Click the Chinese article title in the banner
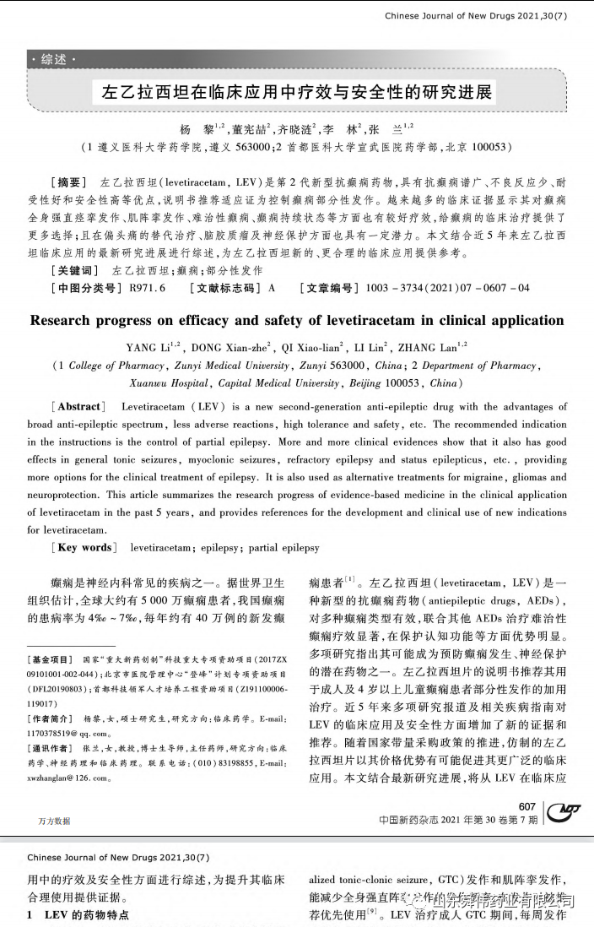click(x=296, y=91)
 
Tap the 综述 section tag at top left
click(x=53, y=59)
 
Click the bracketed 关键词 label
click(x=75, y=270)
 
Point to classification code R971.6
click(x=147, y=288)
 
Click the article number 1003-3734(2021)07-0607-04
click(x=447, y=288)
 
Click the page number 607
click(x=527, y=806)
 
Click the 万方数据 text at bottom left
click(x=54, y=821)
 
